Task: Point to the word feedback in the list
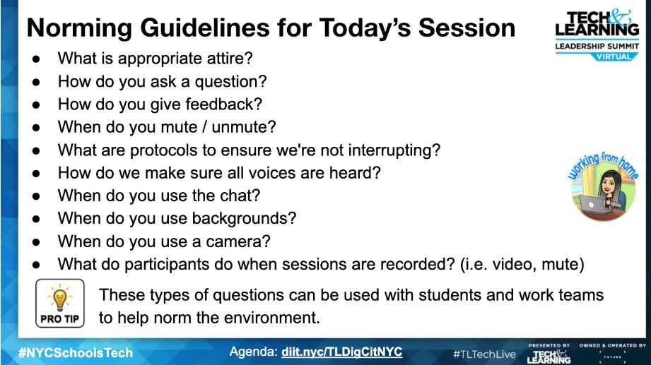224,104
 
